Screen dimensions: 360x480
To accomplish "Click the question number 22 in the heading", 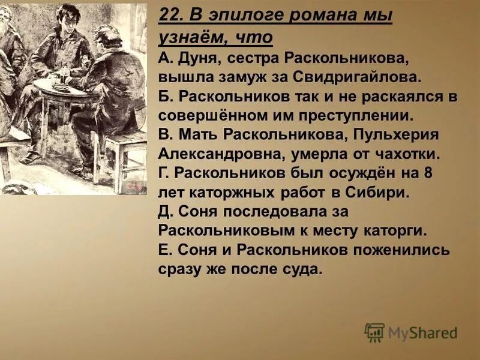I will pos(170,16).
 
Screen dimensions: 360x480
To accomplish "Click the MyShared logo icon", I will pos(374,332).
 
